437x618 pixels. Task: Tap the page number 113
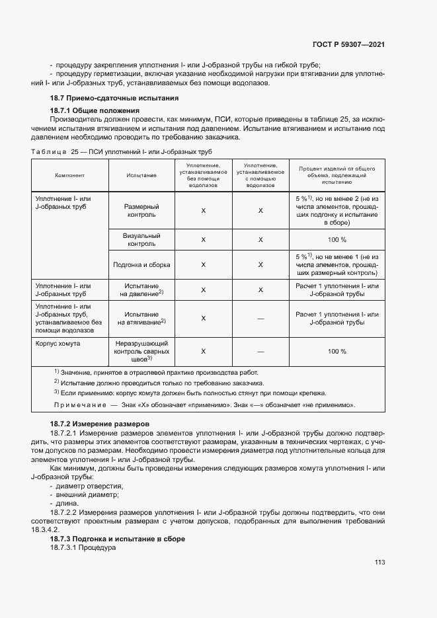point(379,562)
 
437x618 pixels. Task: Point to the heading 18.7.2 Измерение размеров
point(100,423)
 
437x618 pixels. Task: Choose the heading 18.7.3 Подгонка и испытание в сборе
point(118,539)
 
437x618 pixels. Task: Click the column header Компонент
point(69,175)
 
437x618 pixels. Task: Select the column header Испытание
point(141,175)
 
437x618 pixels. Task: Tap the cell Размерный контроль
point(141,210)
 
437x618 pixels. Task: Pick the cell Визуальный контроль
point(141,239)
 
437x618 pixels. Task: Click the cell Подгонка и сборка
point(141,264)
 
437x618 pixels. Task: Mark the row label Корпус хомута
point(57,343)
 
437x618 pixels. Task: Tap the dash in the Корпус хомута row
point(260,351)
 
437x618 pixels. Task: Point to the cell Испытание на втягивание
point(141,318)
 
